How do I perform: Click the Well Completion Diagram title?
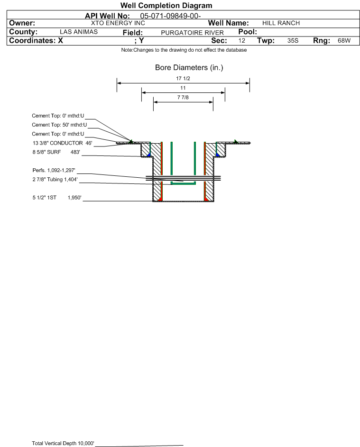[166, 5]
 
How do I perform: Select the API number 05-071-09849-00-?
[170, 16]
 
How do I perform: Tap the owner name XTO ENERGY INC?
[118, 23]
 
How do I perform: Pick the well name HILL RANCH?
[281, 23]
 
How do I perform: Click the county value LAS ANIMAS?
[79, 32]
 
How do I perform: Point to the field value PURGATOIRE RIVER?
[192, 33]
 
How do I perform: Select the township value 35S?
[293, 40]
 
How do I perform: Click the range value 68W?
[344, 40]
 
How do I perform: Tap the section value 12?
[241, 40]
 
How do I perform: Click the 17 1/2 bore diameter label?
[183, 78]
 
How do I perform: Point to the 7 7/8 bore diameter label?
[183, 98]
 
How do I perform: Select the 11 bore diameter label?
[183, 88]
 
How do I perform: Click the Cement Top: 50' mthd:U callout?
[59, 125]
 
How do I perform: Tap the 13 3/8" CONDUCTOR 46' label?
[63, 143]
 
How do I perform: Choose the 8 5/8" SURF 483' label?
[56, 152]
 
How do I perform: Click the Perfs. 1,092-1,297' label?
[54, 171]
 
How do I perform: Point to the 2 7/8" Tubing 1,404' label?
[55, 180]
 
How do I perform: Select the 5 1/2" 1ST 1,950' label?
[57, 198]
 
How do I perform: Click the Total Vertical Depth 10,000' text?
[63, 443]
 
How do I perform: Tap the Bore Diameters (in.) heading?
[189, 68]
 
